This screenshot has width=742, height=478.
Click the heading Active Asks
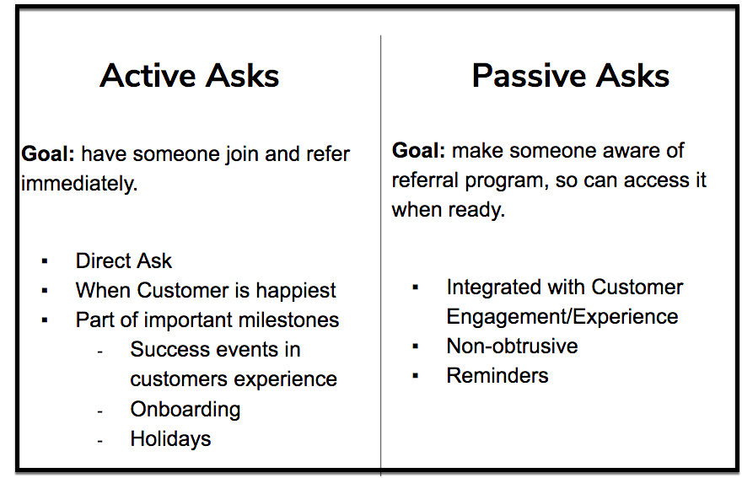189,76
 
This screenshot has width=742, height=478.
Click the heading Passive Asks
571,76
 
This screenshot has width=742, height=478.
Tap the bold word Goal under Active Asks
48,153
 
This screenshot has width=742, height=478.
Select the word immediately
79,184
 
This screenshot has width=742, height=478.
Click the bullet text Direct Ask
123,260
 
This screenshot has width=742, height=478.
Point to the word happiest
296,291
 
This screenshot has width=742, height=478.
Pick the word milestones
288,320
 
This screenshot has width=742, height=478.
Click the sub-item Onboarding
185,410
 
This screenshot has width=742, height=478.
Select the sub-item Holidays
170,438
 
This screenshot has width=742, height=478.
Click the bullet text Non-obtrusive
512,346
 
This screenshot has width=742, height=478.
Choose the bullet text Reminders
497,376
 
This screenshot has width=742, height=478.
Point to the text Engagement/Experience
562,317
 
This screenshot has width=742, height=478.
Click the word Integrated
493,287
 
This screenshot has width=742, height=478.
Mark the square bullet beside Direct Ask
45,260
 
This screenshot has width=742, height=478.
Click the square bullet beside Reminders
416,376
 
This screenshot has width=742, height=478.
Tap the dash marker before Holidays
99,441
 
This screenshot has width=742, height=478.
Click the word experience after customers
285,379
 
